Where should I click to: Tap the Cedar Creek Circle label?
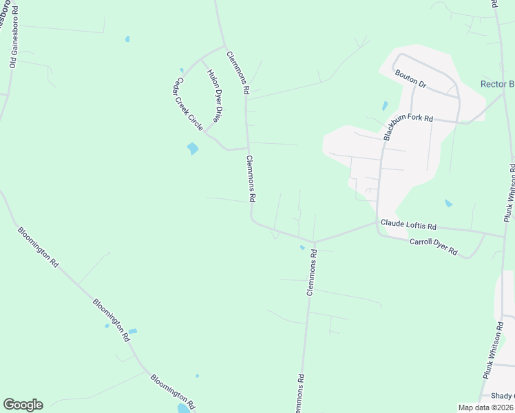(188, 103)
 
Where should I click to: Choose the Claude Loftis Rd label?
(409, 225)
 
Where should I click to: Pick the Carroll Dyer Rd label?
(433, 247)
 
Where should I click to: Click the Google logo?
(23, 405)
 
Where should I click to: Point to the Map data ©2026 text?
(485, 407)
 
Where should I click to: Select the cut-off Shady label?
(503, 396)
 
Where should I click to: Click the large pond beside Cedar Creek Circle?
(193, 148)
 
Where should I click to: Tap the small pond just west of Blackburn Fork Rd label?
(384, 106)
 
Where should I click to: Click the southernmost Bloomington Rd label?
(174, 389)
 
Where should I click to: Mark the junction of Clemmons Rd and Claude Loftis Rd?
(314, 242)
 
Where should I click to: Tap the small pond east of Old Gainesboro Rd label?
(127, 39)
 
